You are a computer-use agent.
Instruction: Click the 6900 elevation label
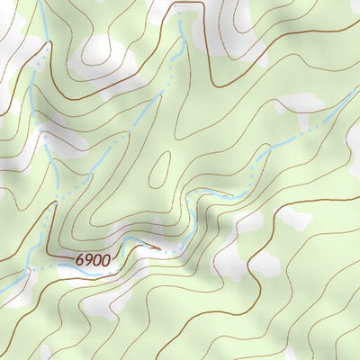94,260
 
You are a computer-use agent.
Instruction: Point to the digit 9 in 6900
89,260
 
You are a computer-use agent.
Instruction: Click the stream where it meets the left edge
3,289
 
